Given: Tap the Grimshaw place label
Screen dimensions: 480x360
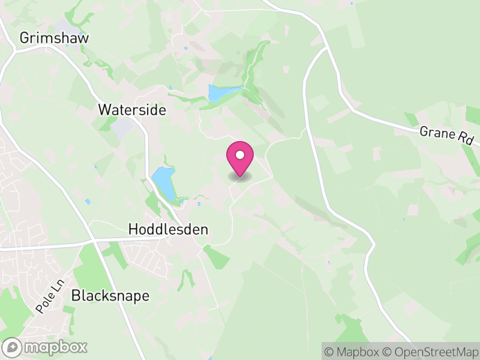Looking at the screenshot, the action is [x=54, y=38].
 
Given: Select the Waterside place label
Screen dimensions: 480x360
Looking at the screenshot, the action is [x=132, y=110].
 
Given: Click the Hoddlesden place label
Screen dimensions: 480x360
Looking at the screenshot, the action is [x=168, y=229].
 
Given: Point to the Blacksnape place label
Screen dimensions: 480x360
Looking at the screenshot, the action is [x=110, y=296].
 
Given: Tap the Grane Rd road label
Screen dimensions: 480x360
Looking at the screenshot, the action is [x=447, y=136].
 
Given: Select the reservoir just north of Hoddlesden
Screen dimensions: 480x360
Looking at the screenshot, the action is [x=163, y=183].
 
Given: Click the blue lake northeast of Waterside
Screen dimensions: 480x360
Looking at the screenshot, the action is [x=217, y=92].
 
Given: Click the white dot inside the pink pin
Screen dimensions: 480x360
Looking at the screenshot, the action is [x=240, y=155].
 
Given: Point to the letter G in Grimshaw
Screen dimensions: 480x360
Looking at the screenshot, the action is [x=25, y=38].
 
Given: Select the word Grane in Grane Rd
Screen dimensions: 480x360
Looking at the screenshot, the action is [x=437, y=133].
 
